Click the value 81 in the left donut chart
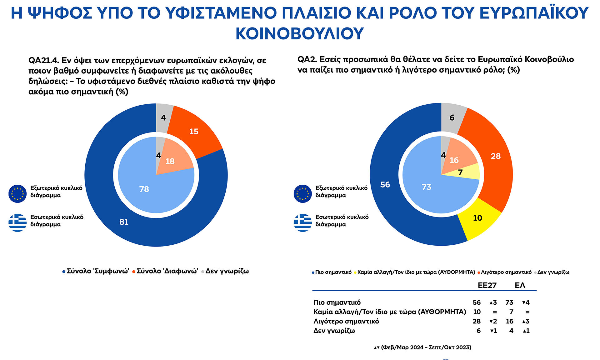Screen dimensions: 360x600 coord(124,222)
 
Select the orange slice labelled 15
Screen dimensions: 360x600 coord(194,132)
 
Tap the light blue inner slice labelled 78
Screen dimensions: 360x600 coord(144,189)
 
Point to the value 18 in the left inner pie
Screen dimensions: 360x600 coord(170,161)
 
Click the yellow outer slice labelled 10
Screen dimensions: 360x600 coord(477,218)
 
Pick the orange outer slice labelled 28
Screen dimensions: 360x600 coord(496,156)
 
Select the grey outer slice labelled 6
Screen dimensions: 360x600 coord(452,118)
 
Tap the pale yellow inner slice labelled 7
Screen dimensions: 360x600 coord(460,172)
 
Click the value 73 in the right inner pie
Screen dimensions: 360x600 coord(426,187)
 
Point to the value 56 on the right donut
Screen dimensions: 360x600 coord(385,185)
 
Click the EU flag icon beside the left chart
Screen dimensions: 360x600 coord(17,194)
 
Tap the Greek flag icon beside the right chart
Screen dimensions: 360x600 coord(302,222)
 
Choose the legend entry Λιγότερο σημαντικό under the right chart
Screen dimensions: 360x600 coord(506,272)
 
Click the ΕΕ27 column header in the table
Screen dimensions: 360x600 coord(487,285)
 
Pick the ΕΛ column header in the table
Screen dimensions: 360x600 coord(520,285)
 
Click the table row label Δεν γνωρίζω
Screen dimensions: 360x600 coord(334,331)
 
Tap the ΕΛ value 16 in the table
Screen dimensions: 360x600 coord(509,321)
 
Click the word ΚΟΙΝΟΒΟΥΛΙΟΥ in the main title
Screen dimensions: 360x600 coord(300,33)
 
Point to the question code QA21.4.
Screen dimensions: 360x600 coord(43,60)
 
